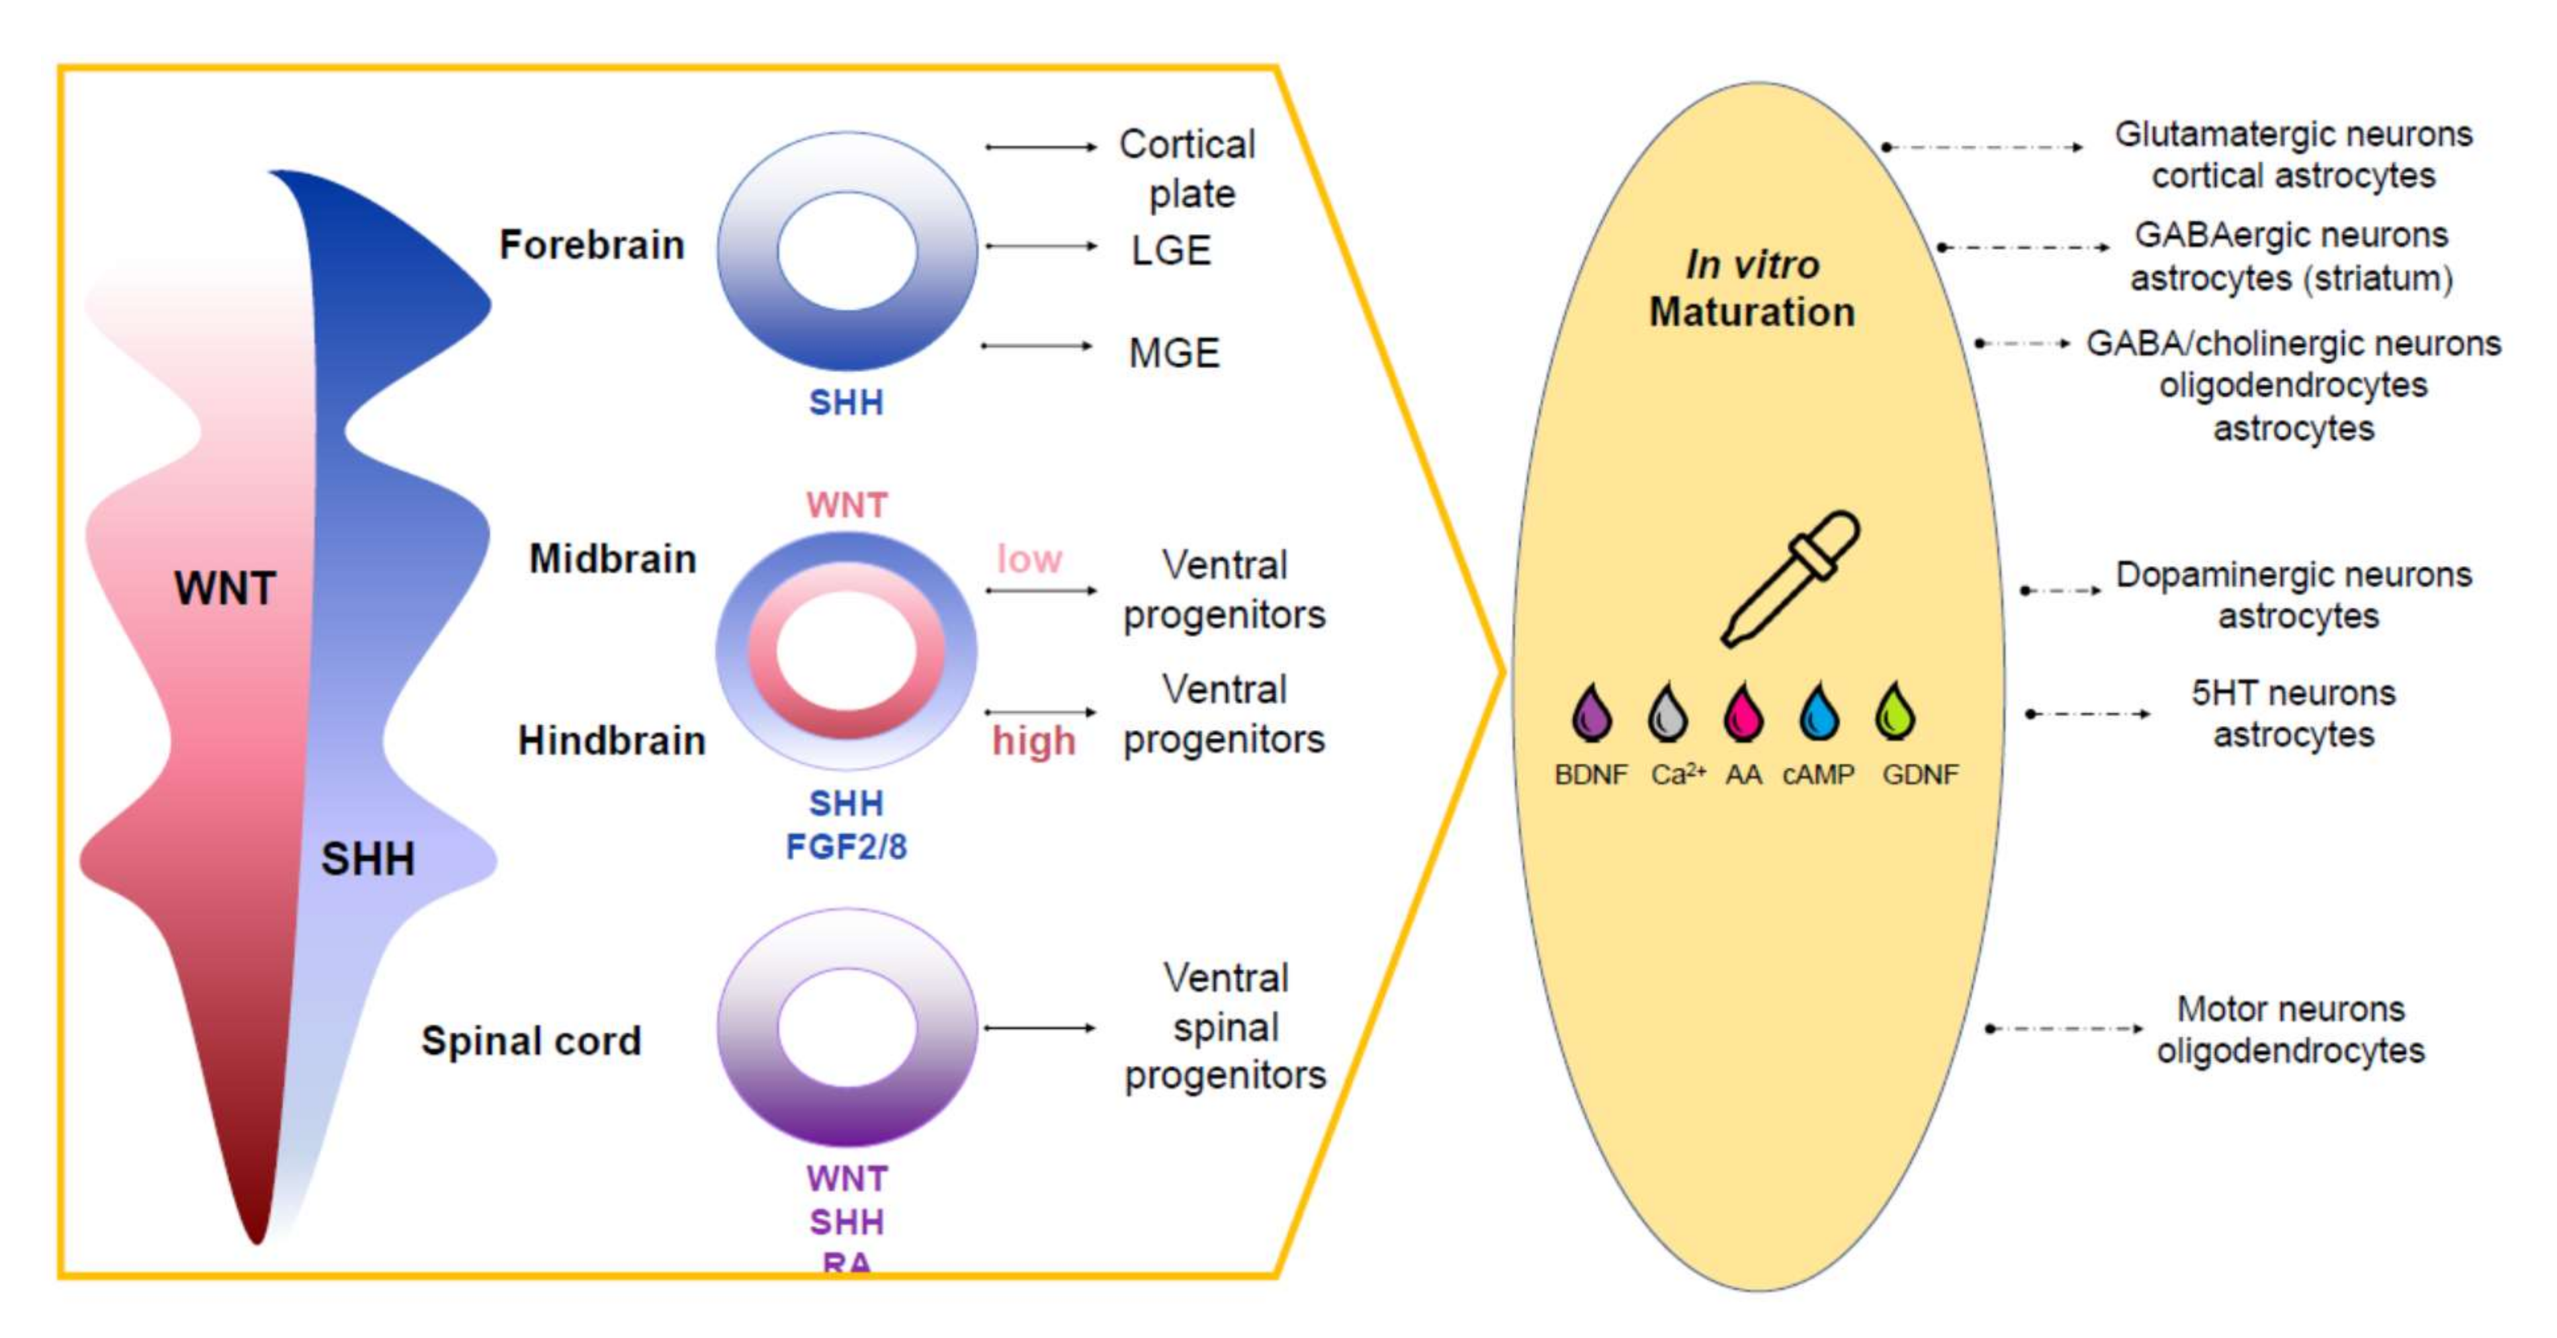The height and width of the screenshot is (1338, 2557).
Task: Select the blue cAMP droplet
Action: [1819, 712]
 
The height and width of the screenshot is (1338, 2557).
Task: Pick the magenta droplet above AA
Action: [1743, 712]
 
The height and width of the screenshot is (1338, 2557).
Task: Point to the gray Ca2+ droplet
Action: [1667, 712]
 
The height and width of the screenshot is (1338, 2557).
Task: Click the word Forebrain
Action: [592, 244]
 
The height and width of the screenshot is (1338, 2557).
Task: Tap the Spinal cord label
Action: [531, 1040]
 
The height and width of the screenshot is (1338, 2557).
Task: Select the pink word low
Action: [1029, 559]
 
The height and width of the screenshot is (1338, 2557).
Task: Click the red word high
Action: [1033, 741]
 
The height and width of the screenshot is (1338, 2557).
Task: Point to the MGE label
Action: [1173, 352]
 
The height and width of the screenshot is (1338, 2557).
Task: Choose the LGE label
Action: [1171, 250]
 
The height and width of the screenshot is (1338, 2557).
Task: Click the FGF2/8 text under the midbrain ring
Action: [846, 847]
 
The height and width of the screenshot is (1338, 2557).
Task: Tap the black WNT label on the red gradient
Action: [225, 589]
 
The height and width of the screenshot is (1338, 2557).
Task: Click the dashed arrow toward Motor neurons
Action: [2065, 1028]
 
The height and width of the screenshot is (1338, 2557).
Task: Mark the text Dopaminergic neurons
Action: [2293, 575]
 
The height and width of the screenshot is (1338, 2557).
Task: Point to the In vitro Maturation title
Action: [1752, 288]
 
